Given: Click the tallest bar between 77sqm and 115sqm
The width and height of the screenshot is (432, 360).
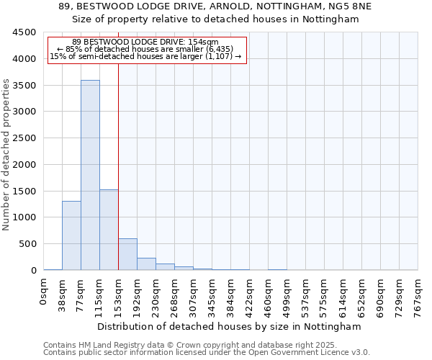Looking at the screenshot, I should (x=90, y=175).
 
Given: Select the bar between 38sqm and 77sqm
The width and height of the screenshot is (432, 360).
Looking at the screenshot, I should (x=71, y=235).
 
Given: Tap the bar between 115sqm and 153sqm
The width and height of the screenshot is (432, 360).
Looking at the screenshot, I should (x=109, y=230).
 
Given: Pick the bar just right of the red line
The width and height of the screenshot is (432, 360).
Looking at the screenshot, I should (x=127, y=254).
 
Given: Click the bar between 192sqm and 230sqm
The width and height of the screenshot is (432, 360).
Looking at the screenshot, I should (x=146, y=264).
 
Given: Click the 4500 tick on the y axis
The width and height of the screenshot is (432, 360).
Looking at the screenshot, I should (x=24, y=32).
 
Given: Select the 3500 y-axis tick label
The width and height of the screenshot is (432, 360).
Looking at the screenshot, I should (x=24, y=85).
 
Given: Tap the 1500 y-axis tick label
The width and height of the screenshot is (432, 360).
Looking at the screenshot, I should (x=24, y=191).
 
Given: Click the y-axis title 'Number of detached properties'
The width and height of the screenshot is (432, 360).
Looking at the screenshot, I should (x=6, y=155).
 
